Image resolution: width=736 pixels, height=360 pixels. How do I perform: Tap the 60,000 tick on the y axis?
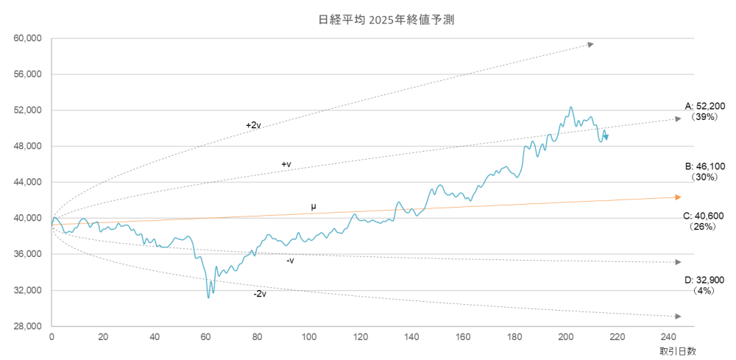pyautogui.click(x=29, y=38)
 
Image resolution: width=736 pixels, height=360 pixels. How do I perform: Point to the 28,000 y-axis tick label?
pyautogui.click(x=29, y=326)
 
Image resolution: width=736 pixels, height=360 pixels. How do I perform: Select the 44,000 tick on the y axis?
pyautogui.click(x=29, y=182)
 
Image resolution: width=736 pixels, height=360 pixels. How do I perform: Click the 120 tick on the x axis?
pyautogui.click(x=360, y=337)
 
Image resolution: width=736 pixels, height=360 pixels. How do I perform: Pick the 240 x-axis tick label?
pyautogui.click(x=668, y=337)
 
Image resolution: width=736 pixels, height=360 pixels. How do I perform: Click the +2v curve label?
pyautogui.click(x=253, y=125)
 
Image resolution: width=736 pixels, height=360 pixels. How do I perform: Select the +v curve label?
pyautogui.click(x=286, y=164)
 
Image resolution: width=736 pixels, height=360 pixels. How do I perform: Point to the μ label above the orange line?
pyautogui.click(x=314, y=207)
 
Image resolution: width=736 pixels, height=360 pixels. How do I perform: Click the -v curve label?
pyautogui.click(x=290, y=260)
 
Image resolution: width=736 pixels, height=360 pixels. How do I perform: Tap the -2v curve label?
pyautogui.click(x=259, y=294)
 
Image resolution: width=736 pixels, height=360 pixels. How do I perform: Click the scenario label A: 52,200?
pyautogui.click(x=704, y=107)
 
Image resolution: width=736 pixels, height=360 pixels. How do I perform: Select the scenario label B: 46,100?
pyautogui.click(x=704, y=167)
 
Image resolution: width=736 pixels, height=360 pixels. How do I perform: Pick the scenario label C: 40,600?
pyautogui.click(x=704, y=216)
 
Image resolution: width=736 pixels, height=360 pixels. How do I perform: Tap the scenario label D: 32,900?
pyautogui.click(x=704, y=280)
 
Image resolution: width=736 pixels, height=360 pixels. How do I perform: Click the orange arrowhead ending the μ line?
pyautogui.click(x=678, y=197)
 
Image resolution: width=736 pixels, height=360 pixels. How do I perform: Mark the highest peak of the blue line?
pyautogui.click(x=570, y=107)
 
